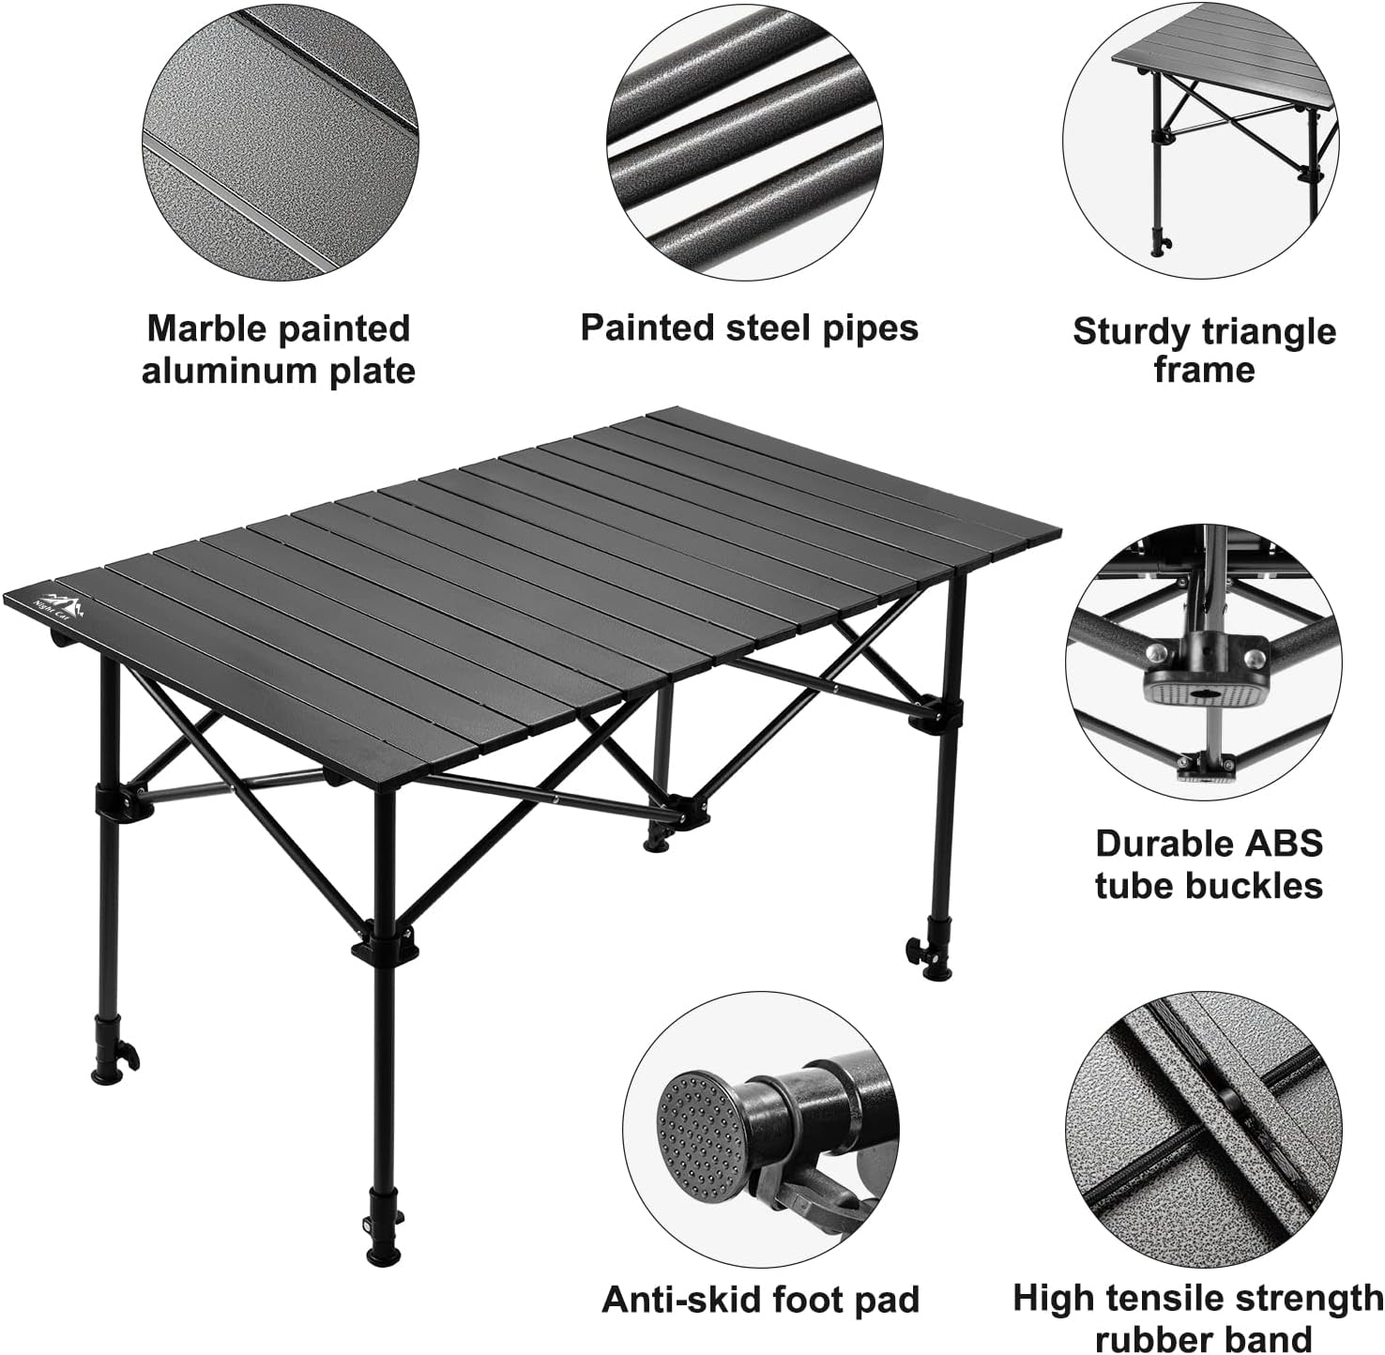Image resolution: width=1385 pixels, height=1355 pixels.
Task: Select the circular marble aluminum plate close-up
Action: coord(280,139)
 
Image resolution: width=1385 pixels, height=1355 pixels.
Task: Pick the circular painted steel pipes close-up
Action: coord(744,139)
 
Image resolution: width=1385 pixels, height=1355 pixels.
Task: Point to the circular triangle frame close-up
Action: coord(1201,141)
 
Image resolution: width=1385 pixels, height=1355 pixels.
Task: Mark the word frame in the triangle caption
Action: coord(1204,370)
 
